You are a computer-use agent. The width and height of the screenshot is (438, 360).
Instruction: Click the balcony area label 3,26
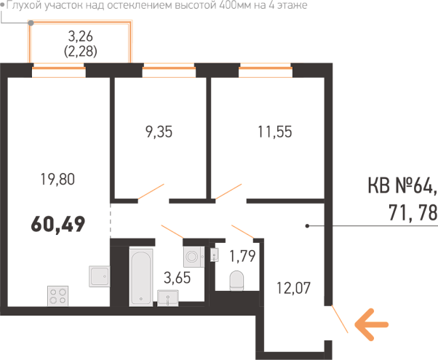81,36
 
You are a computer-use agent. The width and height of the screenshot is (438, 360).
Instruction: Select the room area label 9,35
159,132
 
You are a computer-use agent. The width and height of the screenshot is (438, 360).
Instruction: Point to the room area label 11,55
275,132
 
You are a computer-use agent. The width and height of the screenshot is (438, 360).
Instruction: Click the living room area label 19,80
57,180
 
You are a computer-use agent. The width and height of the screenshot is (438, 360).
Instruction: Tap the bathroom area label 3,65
177,278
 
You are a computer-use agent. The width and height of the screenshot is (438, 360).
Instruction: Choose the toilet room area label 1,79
242,256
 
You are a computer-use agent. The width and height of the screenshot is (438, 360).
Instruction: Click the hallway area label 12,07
294,288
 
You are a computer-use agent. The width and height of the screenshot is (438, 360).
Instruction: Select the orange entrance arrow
372,324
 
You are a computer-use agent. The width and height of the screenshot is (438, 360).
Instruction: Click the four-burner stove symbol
57,296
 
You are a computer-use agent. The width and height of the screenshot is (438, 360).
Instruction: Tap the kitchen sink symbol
100,276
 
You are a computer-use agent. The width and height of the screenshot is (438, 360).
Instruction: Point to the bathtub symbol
141,277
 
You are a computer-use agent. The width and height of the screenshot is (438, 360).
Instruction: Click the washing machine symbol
194,257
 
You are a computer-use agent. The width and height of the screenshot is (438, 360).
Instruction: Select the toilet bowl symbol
236,281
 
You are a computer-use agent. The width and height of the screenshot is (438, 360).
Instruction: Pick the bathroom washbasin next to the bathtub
168,298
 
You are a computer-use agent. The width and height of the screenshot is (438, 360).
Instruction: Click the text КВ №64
402,185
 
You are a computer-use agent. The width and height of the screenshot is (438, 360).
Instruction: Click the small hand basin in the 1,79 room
215,255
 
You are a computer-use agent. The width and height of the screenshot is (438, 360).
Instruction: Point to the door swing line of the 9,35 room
151,191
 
